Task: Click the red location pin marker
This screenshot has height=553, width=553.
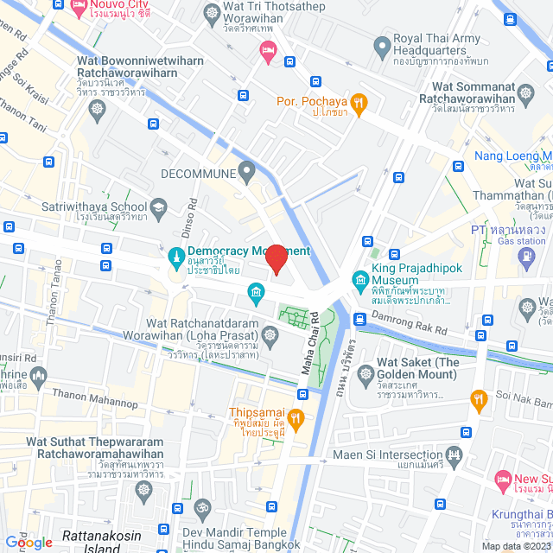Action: coord(276,259)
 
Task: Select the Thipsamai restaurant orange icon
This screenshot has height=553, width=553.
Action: coord(296,419)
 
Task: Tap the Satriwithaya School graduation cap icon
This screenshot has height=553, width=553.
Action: coord(159,207)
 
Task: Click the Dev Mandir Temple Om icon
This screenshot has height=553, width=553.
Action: coord(204,506)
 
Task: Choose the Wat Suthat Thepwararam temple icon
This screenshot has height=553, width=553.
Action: coord(143,490)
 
